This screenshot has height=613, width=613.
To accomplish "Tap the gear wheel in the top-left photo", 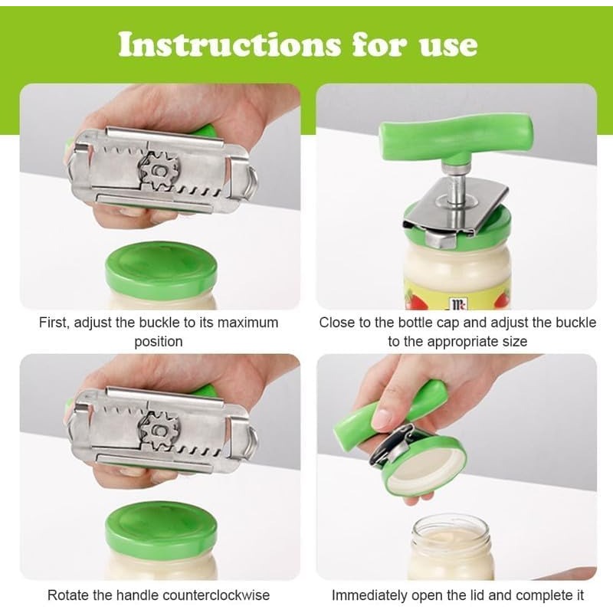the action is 159,172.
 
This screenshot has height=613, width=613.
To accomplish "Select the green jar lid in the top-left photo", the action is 161,266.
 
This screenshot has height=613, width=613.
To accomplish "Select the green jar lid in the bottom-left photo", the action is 161,526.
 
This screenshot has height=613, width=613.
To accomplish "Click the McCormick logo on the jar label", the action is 457,303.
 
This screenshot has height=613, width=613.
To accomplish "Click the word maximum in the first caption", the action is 247,323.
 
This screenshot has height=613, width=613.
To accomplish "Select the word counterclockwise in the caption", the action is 216,595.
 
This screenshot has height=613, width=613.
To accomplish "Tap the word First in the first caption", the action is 54,323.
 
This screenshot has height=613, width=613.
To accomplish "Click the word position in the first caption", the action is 159,342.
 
